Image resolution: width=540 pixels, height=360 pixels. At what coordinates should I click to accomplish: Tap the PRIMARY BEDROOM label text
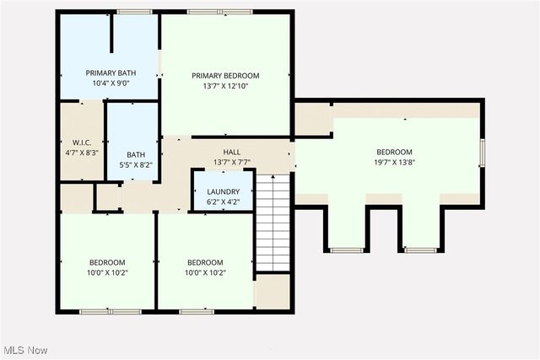[225, 75]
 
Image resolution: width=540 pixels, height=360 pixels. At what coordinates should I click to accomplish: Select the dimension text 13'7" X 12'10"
[225, 86]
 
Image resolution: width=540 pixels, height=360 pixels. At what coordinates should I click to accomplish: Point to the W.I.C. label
[81, 141]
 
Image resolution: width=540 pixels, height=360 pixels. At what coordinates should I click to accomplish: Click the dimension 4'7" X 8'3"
[81, 153]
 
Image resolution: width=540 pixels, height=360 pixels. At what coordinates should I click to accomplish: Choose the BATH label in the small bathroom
[135, 154]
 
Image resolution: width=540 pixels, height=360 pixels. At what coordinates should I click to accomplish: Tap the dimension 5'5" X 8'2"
[135, 166]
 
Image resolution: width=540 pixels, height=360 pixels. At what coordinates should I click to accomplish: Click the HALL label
[232, 151]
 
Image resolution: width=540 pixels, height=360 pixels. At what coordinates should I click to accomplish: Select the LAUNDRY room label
[223, 191]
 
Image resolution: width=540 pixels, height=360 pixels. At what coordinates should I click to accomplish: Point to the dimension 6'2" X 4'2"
[223, 203]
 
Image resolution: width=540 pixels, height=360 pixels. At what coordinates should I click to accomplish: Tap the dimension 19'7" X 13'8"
[394, 164]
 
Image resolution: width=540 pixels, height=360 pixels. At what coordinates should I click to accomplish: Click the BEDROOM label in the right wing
[394, 152]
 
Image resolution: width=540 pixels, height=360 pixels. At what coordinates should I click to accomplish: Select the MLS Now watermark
[26, 350]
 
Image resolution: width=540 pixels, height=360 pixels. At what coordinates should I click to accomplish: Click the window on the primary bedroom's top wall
[208, 12]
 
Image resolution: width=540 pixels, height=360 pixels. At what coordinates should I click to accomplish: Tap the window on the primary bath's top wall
[129, 12]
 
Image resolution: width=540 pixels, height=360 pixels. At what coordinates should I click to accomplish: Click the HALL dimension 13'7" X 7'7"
[232, 162]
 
